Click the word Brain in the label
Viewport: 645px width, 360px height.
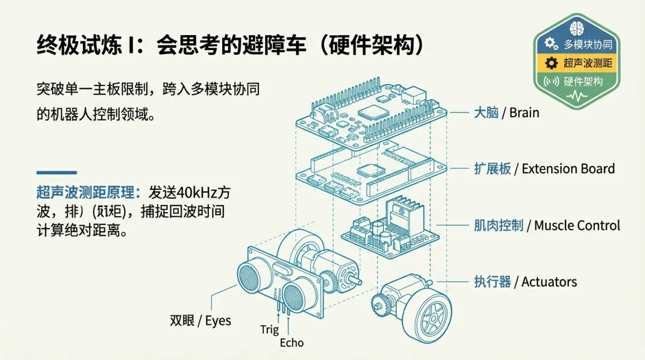pyautogui.click(x=524, y=112)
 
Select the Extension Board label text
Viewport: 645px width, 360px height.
pyautogui.click(x=568, y=169)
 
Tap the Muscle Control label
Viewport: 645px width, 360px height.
pyautogui.click(x=577, y=226)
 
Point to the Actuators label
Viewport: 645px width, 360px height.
pyautogui.click(x=549, y=282)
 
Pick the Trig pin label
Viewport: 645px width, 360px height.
pyautogui.click(x=269, y=330)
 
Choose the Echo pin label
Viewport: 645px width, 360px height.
pyautogui.click(x=291, y=343)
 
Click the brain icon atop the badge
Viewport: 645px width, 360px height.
pyautogui.click(x=576, y=27)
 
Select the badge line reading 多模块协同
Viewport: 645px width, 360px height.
pyautogui.click(x=588, y=44)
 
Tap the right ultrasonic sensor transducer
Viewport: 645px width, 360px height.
pyautogui.click(x=299, y=294)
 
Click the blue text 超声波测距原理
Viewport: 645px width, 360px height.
pyautogui.click(x=87, y=193)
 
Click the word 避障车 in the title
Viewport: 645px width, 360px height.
pyautogui.click(x=275, y=46)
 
